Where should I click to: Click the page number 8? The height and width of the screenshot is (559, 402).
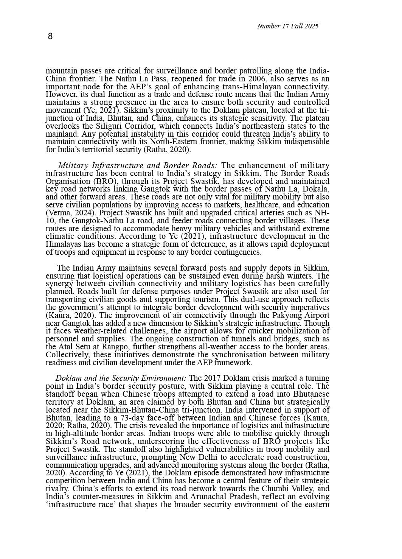(50, 36)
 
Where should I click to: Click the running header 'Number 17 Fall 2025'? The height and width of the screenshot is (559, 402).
(287, 26)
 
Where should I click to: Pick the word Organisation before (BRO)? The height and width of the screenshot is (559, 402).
(68, 181)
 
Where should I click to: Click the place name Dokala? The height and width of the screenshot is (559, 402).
(317, 189)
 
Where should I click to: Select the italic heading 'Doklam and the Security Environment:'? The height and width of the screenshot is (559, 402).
(121, 378)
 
